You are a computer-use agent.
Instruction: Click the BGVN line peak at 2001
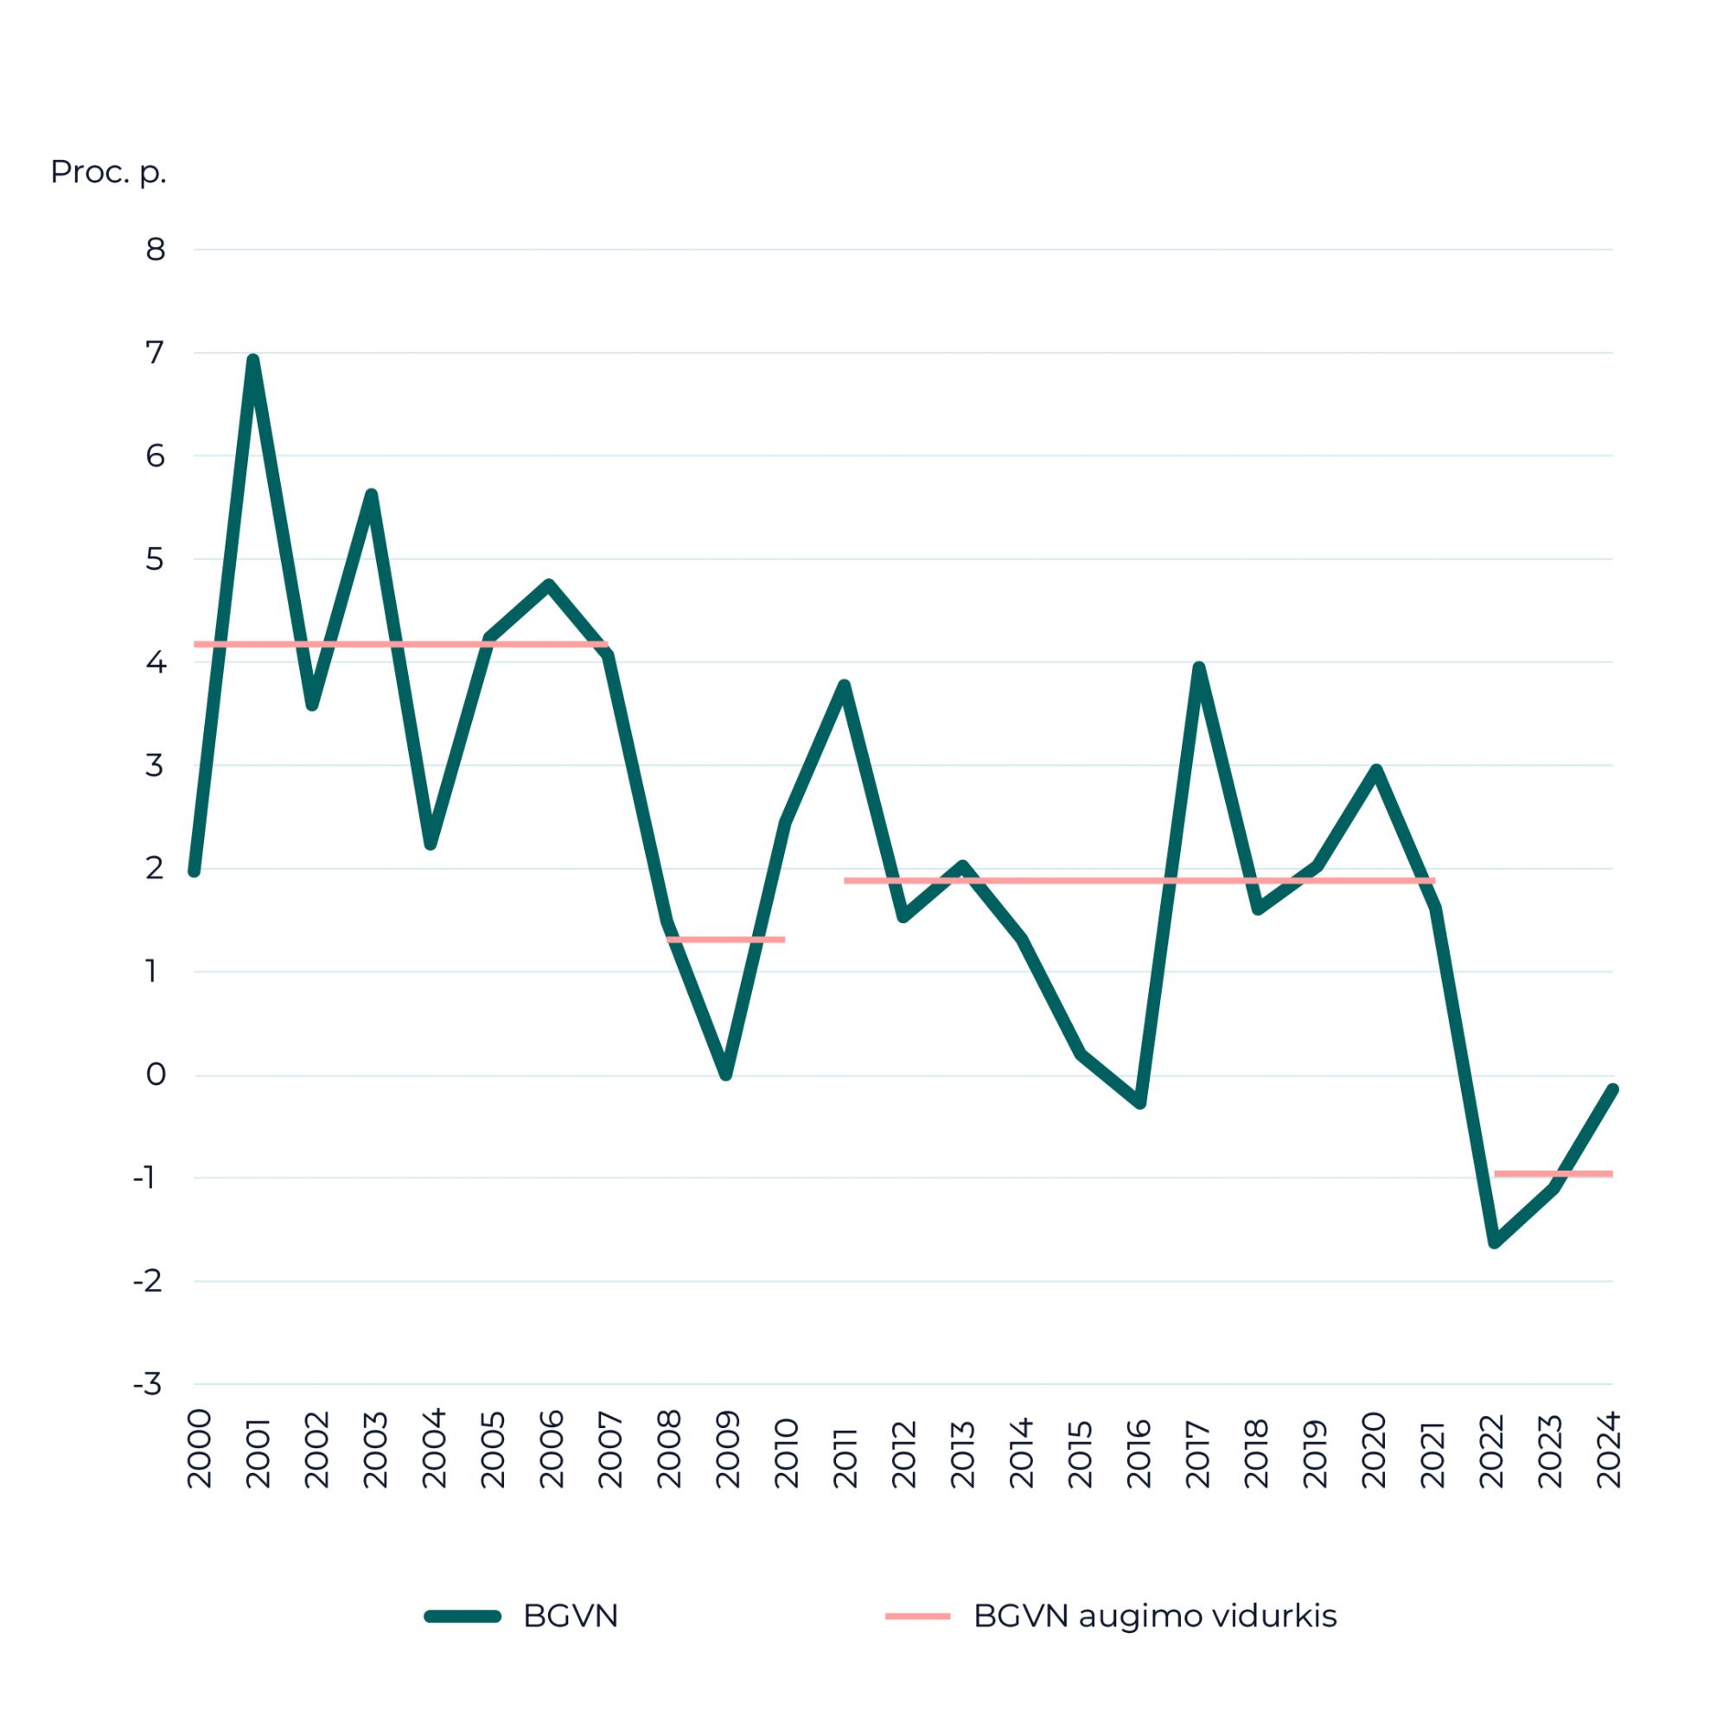(x=253, y=360)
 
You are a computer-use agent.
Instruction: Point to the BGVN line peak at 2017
(x=1198, y=667)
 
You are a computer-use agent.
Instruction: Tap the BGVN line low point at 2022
(x=1495, y=1243)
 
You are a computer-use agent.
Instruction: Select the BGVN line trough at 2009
(x=726, y=1074)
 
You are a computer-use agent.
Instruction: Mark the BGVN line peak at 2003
(x=372, y=494)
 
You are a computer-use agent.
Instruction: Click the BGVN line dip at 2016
(x=1139, y=1103)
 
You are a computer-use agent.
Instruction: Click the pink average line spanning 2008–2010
(x=726, y=940)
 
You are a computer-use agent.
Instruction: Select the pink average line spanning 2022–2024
(x=1554, y=1173)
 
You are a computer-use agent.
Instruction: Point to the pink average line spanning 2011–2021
(x=1139, y=882)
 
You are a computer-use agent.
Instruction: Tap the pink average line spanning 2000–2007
(x=401, y=644)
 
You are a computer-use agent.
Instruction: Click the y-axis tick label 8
(x=156, y=251)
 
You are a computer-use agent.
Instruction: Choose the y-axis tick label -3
(x=149, y=1385)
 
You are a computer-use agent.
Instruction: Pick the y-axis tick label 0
(x=156, y=1075)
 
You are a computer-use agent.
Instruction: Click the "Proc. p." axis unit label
(x=108, y=172)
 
